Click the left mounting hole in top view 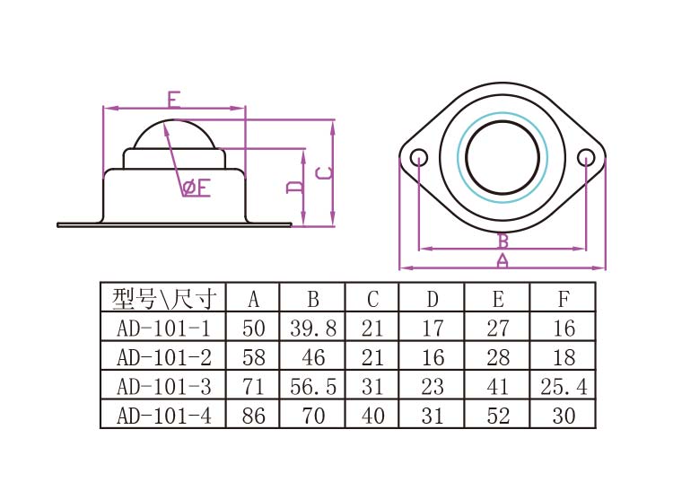[419, 158]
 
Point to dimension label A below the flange [503, 261]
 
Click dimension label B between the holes [503, 241]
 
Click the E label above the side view [174, 98]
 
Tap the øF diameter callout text [196, 188]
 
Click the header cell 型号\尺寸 [162, 298]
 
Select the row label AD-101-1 [162, 328]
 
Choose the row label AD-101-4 [162, 416]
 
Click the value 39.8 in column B [312, 328]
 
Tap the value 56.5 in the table [312, 387]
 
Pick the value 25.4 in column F [563, 387]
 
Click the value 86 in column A [253, 416]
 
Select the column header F [563, 298]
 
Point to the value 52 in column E [497, 416]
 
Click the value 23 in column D [432, 387]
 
